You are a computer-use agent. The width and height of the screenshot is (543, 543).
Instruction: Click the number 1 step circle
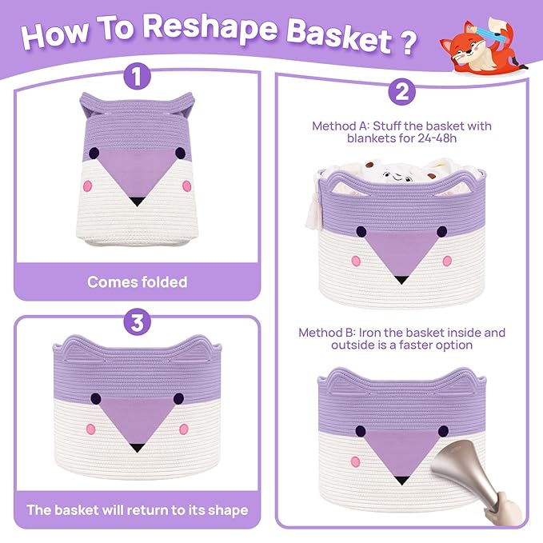tap(137, 76)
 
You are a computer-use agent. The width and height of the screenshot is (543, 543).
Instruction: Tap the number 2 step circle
tap(401, 92)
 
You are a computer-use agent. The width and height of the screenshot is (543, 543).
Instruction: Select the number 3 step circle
tap(137, 322)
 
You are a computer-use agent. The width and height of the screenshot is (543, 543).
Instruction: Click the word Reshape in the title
tap(210, 29)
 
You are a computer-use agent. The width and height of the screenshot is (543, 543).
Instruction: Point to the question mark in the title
tap(409, 42)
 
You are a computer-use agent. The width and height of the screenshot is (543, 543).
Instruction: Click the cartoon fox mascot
tap(482, 46)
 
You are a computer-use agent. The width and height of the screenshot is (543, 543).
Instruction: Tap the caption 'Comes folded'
tap(137, 281)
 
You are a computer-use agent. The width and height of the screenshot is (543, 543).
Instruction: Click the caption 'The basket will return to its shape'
tap(137, 509)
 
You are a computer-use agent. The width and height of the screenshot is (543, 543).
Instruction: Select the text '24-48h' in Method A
tap(437, 138)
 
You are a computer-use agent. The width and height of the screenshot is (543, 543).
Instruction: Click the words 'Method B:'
tap(327, 333)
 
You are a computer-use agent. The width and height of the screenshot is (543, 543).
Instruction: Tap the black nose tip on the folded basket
tap(137, 202)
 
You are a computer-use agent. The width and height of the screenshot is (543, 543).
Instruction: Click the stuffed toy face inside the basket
tap(398, 177)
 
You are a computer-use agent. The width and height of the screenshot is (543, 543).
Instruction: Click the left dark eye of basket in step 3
tap(96, 398)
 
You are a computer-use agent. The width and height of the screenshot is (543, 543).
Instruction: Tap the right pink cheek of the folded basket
tap(186, 186)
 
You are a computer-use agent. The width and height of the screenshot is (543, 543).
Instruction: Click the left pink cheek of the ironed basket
tap(356, 461)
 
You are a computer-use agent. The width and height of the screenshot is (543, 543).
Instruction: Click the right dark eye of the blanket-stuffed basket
tap(441, 232)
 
